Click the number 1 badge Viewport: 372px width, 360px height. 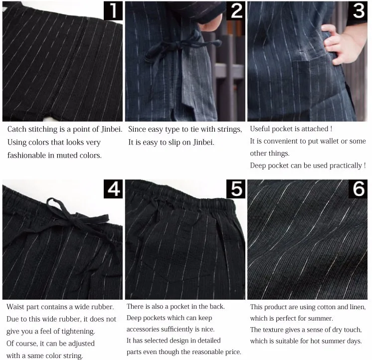pyautogui.click(x=113, y=10)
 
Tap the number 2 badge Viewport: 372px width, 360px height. pyautogui.click(x=235, y=10)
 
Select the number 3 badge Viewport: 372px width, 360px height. pyautogui.click(x=358, y=10)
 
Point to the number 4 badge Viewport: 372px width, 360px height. pyautogui.click(x=113, y=189)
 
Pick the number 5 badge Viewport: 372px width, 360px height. pyautogui.click(x=235, y=189)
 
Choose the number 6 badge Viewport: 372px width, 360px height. pyautogui.click(x=358, y=189)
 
